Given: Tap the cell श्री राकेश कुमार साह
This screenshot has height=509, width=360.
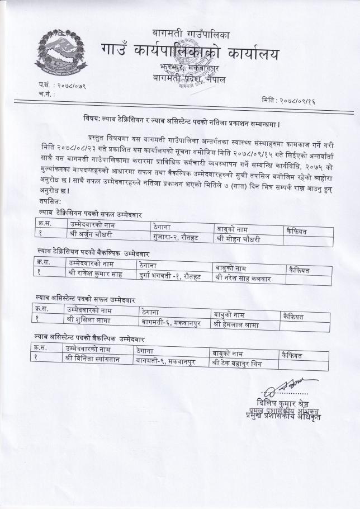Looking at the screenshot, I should tap(95, 274).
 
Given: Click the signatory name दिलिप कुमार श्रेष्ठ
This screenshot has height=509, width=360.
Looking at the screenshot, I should tap(284, 403).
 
